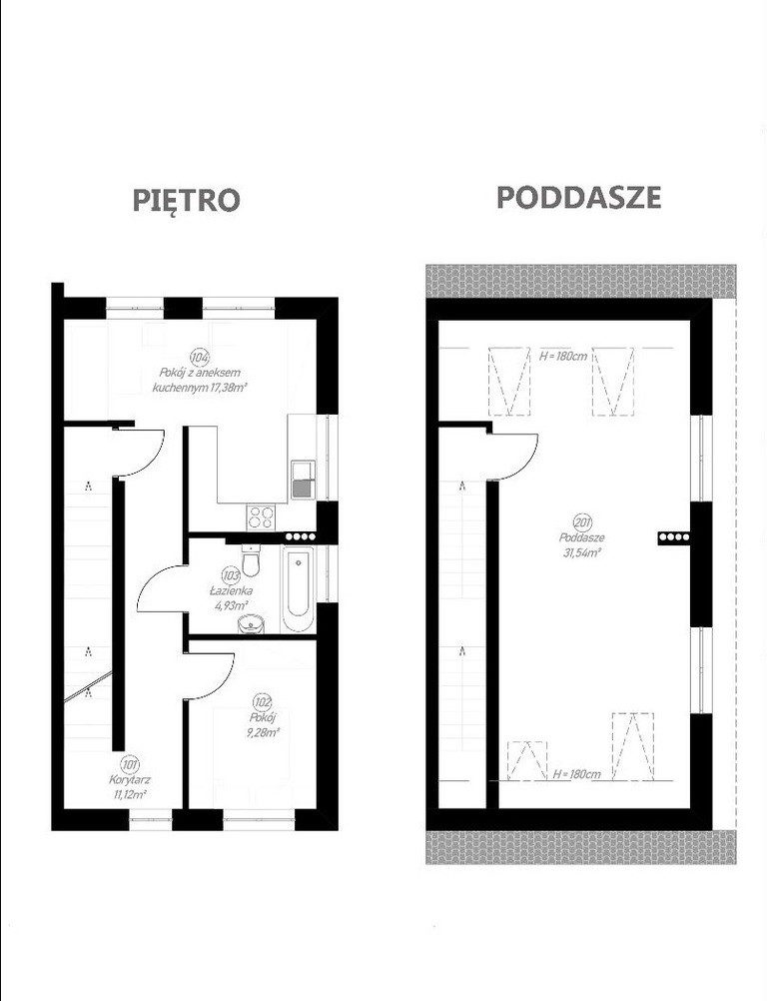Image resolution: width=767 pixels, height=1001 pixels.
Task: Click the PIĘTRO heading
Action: tap(186, 200)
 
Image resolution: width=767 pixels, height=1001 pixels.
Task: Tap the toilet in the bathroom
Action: tap(251, 559)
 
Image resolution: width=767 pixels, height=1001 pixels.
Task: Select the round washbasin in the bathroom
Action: tap(252, 623)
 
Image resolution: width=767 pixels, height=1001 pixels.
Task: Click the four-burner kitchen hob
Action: tap(261, 515)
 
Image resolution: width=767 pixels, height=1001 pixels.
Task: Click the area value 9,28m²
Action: tap(263, 732)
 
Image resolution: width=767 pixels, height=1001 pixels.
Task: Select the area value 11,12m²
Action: tap(130, 794)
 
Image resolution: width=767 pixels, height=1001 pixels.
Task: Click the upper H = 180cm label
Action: tap(563, 356)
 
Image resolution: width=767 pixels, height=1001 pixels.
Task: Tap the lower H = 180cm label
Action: tap(577, 774)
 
